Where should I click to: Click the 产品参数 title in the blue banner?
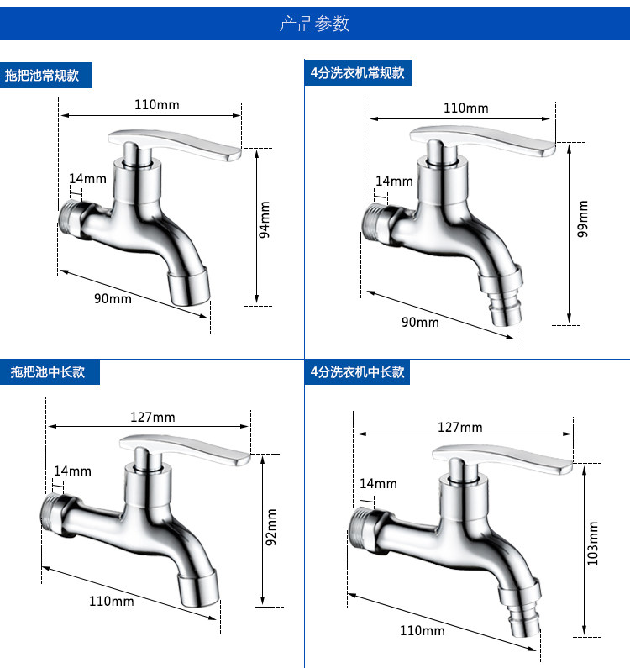314,24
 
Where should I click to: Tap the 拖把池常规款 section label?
42,76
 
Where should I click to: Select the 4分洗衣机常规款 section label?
357,73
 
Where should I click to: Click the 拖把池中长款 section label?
48,372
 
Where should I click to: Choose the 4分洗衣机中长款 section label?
357,372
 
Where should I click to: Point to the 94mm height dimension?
265,220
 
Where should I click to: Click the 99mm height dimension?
582,218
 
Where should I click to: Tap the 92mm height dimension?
271,527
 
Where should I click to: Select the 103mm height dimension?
592,544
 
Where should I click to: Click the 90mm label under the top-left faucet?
113,298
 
